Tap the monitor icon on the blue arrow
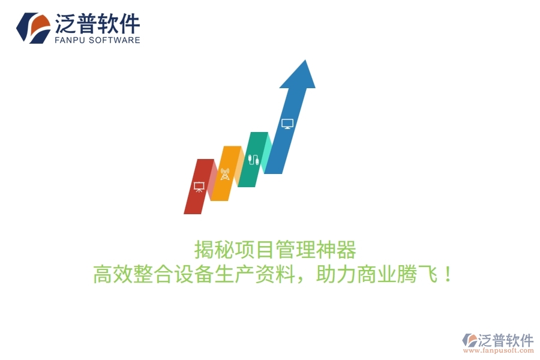tap(287, 124)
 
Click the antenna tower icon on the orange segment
tap(225, 175)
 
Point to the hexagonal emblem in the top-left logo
tap(33, 28)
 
